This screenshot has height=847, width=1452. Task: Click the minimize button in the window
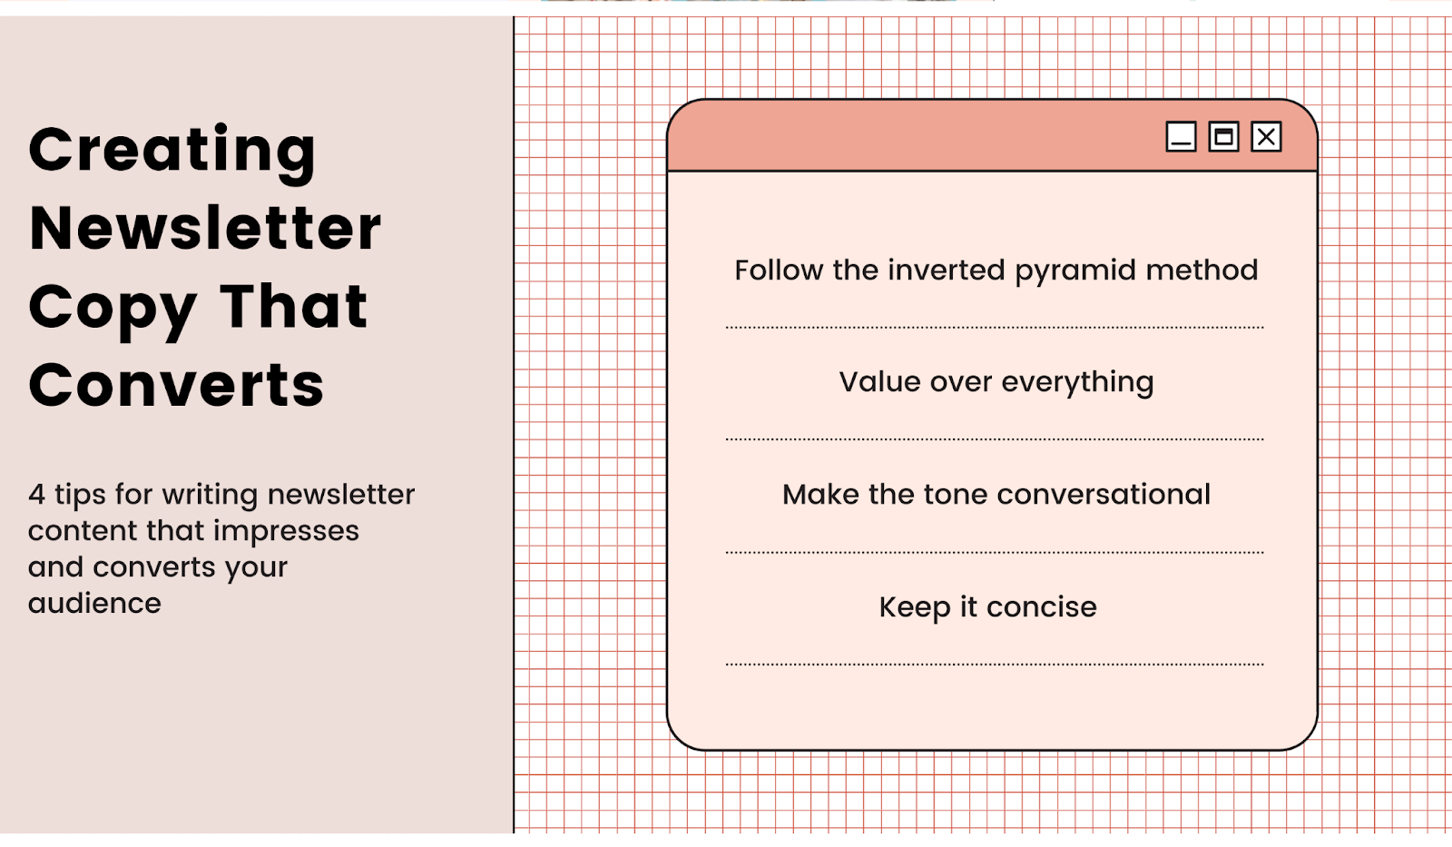coord(1181,137)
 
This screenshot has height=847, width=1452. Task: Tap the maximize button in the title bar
coord(1223,137)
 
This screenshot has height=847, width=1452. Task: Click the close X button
coord(1266,137)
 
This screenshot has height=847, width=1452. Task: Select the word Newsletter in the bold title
coord(205,227)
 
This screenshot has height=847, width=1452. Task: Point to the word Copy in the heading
coord(113,310)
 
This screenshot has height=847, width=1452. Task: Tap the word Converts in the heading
coord(176,385)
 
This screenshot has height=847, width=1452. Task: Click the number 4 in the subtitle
coord(36,494)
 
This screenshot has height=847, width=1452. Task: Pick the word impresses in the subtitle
coord(286,533)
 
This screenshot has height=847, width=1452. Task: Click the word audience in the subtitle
coord(94,604)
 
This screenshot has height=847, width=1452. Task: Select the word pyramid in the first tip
coord(1075,272)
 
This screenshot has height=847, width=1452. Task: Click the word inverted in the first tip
coord(946,270)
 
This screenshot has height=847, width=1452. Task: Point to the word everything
coord(1077,384)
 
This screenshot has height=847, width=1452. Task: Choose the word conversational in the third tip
coord(1104,495)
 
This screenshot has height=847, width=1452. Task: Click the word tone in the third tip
coord(956,496)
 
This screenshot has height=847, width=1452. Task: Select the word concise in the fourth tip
coord(1042,607)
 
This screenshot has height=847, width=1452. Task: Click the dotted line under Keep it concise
coord(995,665)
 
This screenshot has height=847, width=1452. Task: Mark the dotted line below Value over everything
coord(995,439)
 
